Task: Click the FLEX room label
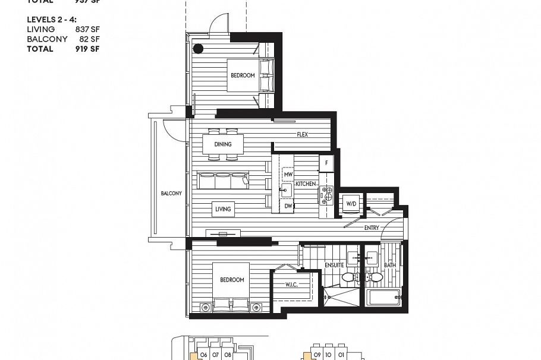(303, 134)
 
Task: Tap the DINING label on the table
(223, 144)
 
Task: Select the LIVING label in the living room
(223, 209)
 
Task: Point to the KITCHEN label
(306, 184)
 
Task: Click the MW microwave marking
(288, 175)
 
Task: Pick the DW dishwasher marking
(288, 206)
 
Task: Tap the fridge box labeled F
(326, 163)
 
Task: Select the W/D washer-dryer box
(351, 204)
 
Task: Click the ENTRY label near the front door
(372, 228)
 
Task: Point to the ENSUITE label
(334, 265)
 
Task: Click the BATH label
(389, 265)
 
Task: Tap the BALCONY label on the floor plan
(171, 194)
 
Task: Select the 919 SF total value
(87, 49)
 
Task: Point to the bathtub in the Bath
(384, 297)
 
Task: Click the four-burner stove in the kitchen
(326, 194)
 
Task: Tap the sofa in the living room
(224, 181)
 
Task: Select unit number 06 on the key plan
(203, 355)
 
